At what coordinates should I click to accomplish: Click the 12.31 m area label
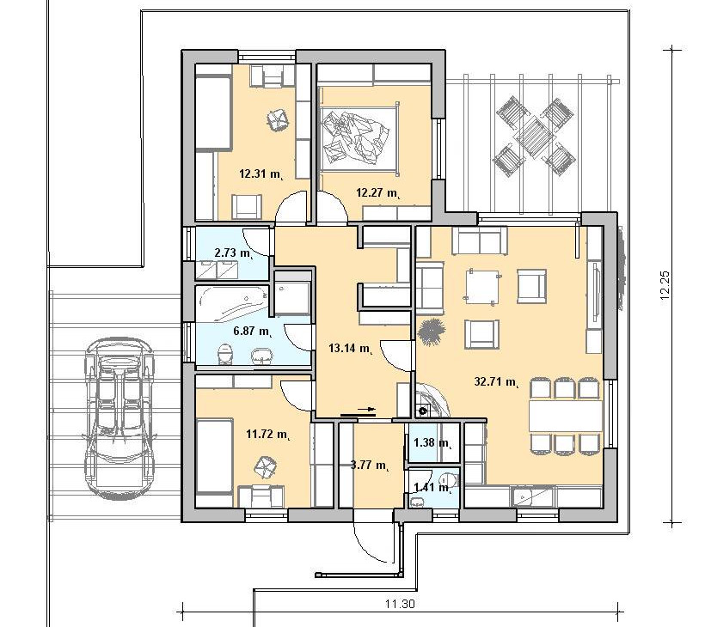coord(261,174)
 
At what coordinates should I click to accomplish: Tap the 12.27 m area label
coord(378,193)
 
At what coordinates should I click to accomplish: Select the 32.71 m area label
coord(497,382)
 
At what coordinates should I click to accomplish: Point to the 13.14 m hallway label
coord(351,348)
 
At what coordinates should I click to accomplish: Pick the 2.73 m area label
coord(234,253)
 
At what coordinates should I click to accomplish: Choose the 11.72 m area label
coord(268,435)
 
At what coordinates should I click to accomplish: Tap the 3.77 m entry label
coord(370,466)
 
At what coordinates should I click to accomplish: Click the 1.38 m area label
coord(432,443)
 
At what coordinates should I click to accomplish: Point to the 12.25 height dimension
coord(665,285)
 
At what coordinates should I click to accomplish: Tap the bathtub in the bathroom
coord(232,304)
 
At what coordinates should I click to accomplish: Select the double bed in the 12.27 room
coord(359,137)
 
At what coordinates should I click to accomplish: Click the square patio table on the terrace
coord(536,137)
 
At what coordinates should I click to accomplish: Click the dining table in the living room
coord(565,417)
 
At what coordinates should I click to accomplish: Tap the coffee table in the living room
coord(482,286)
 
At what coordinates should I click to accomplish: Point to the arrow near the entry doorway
coord(359,410)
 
